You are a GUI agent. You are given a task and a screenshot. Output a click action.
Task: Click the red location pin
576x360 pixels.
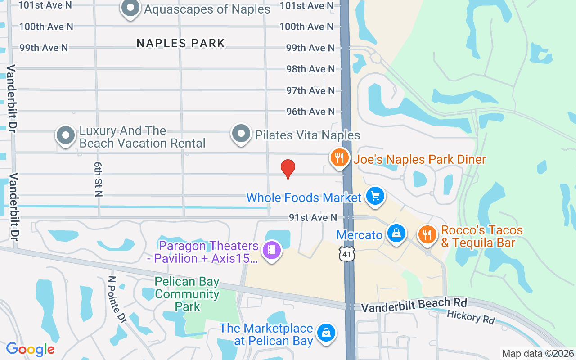coord(288,169)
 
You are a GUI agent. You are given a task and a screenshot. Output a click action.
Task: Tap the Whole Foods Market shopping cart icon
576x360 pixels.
coord(375,196)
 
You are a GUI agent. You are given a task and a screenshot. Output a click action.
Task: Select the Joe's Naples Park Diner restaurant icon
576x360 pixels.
coord(340,158)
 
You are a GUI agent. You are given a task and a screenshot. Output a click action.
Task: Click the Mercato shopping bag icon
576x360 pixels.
coord(396,234)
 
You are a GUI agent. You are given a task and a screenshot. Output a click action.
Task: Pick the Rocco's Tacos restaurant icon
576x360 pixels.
coord(427,234)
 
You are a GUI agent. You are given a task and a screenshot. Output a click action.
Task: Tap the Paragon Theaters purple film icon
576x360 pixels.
coord(271,250)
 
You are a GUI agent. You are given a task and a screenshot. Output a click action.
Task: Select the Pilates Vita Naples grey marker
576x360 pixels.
coord(241,134)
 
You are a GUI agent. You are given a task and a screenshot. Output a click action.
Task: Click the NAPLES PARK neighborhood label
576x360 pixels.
coord(180,43)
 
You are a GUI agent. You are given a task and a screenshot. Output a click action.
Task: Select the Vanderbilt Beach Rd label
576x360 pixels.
coord(414,305)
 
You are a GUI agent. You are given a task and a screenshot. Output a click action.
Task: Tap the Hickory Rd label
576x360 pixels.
coord(470,317)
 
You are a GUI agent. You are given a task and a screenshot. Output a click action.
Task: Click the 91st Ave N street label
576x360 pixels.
coord(313,218)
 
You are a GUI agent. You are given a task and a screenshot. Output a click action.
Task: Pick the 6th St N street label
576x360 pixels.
coord(98,179)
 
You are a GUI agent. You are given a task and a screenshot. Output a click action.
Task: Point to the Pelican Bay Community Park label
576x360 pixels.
coord(187,294)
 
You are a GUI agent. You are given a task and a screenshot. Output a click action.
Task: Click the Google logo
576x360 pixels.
coord(30,349)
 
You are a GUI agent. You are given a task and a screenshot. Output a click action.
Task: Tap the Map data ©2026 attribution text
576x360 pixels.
coord(538,353)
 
